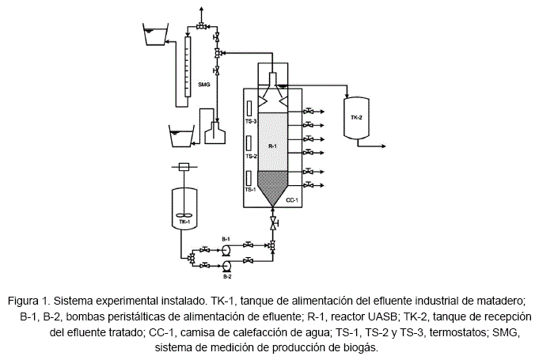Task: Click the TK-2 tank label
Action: point(356,117)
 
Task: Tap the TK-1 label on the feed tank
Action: point(184,222)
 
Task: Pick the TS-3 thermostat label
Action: point(250,122)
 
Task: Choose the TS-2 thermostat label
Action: point(250,157)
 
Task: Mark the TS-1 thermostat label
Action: point(250,190)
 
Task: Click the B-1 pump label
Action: point(226,238)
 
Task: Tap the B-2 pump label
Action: point(226,276)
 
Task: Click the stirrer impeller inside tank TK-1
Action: point(184,214)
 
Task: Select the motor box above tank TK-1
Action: point(184,167)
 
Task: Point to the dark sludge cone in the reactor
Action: point(272,185)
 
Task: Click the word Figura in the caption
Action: point(25,301)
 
